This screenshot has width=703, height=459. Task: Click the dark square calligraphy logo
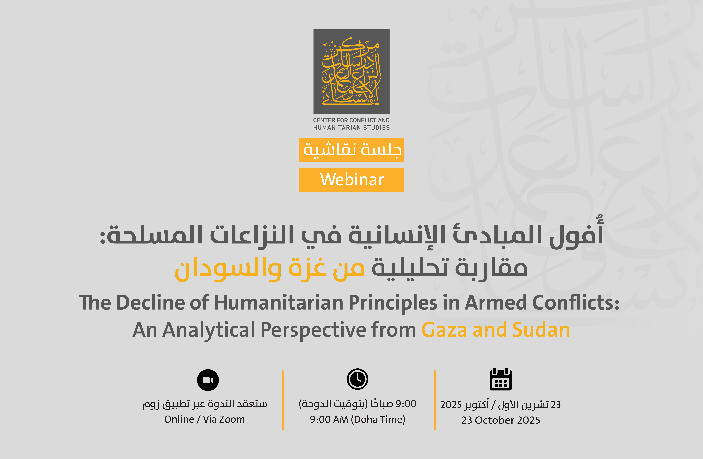[x=351, y=71]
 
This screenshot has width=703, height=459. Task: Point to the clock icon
[x=357, y=379]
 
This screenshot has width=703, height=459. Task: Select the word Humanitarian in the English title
[x=278, y=303]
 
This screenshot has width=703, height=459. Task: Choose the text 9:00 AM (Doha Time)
[x=357, y=419]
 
